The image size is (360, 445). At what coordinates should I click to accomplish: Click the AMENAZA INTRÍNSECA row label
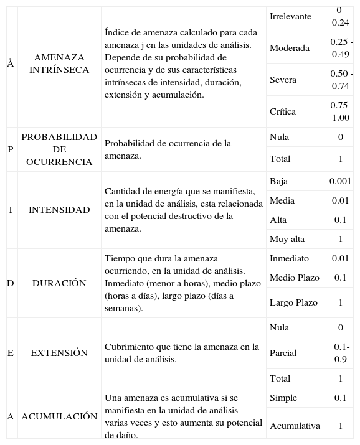coord(59,63)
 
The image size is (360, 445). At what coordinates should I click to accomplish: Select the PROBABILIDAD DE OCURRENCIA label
coord(59,149)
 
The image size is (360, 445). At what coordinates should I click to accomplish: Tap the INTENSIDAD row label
coord(59,210)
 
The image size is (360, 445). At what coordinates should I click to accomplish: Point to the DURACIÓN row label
coord(59,283)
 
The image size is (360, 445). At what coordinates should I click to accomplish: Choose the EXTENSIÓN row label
coord(59,353)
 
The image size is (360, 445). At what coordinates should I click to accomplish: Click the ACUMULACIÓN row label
coord(59,416)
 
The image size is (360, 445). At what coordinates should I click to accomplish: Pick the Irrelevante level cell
coord(290,16)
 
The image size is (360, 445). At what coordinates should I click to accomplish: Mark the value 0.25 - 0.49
coord(340,48)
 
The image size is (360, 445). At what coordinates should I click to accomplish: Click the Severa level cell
coord(283,80)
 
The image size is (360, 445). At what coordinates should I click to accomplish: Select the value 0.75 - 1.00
coord(340,111)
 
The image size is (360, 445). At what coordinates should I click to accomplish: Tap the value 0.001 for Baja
coord(340,181)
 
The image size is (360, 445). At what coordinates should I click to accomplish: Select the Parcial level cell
coord(283,353)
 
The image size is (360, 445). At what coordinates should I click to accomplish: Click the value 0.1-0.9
coord(341,353)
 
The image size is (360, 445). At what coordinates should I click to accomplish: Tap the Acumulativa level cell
coord(295,426)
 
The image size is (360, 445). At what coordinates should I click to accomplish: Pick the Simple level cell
coord(283,398)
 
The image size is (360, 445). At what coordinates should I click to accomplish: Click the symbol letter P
coord(10,149)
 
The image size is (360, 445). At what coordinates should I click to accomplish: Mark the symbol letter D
coord(10,283)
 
